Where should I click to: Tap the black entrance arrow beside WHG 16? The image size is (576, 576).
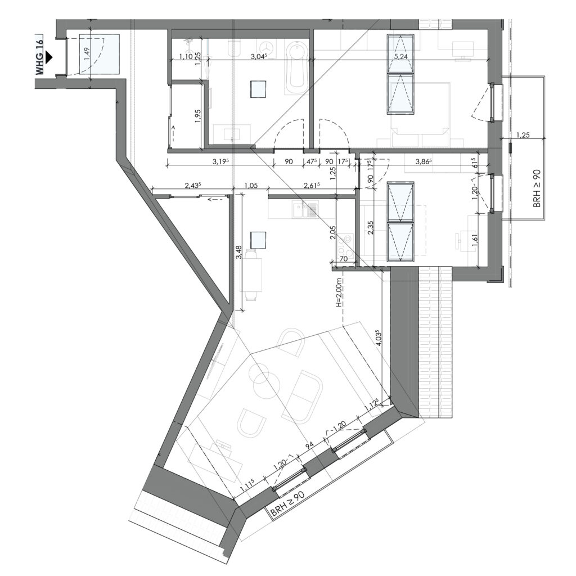point(49,57)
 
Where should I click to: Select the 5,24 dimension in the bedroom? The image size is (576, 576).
point(400,56)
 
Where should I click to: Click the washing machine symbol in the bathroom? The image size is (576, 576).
point(265,47)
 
